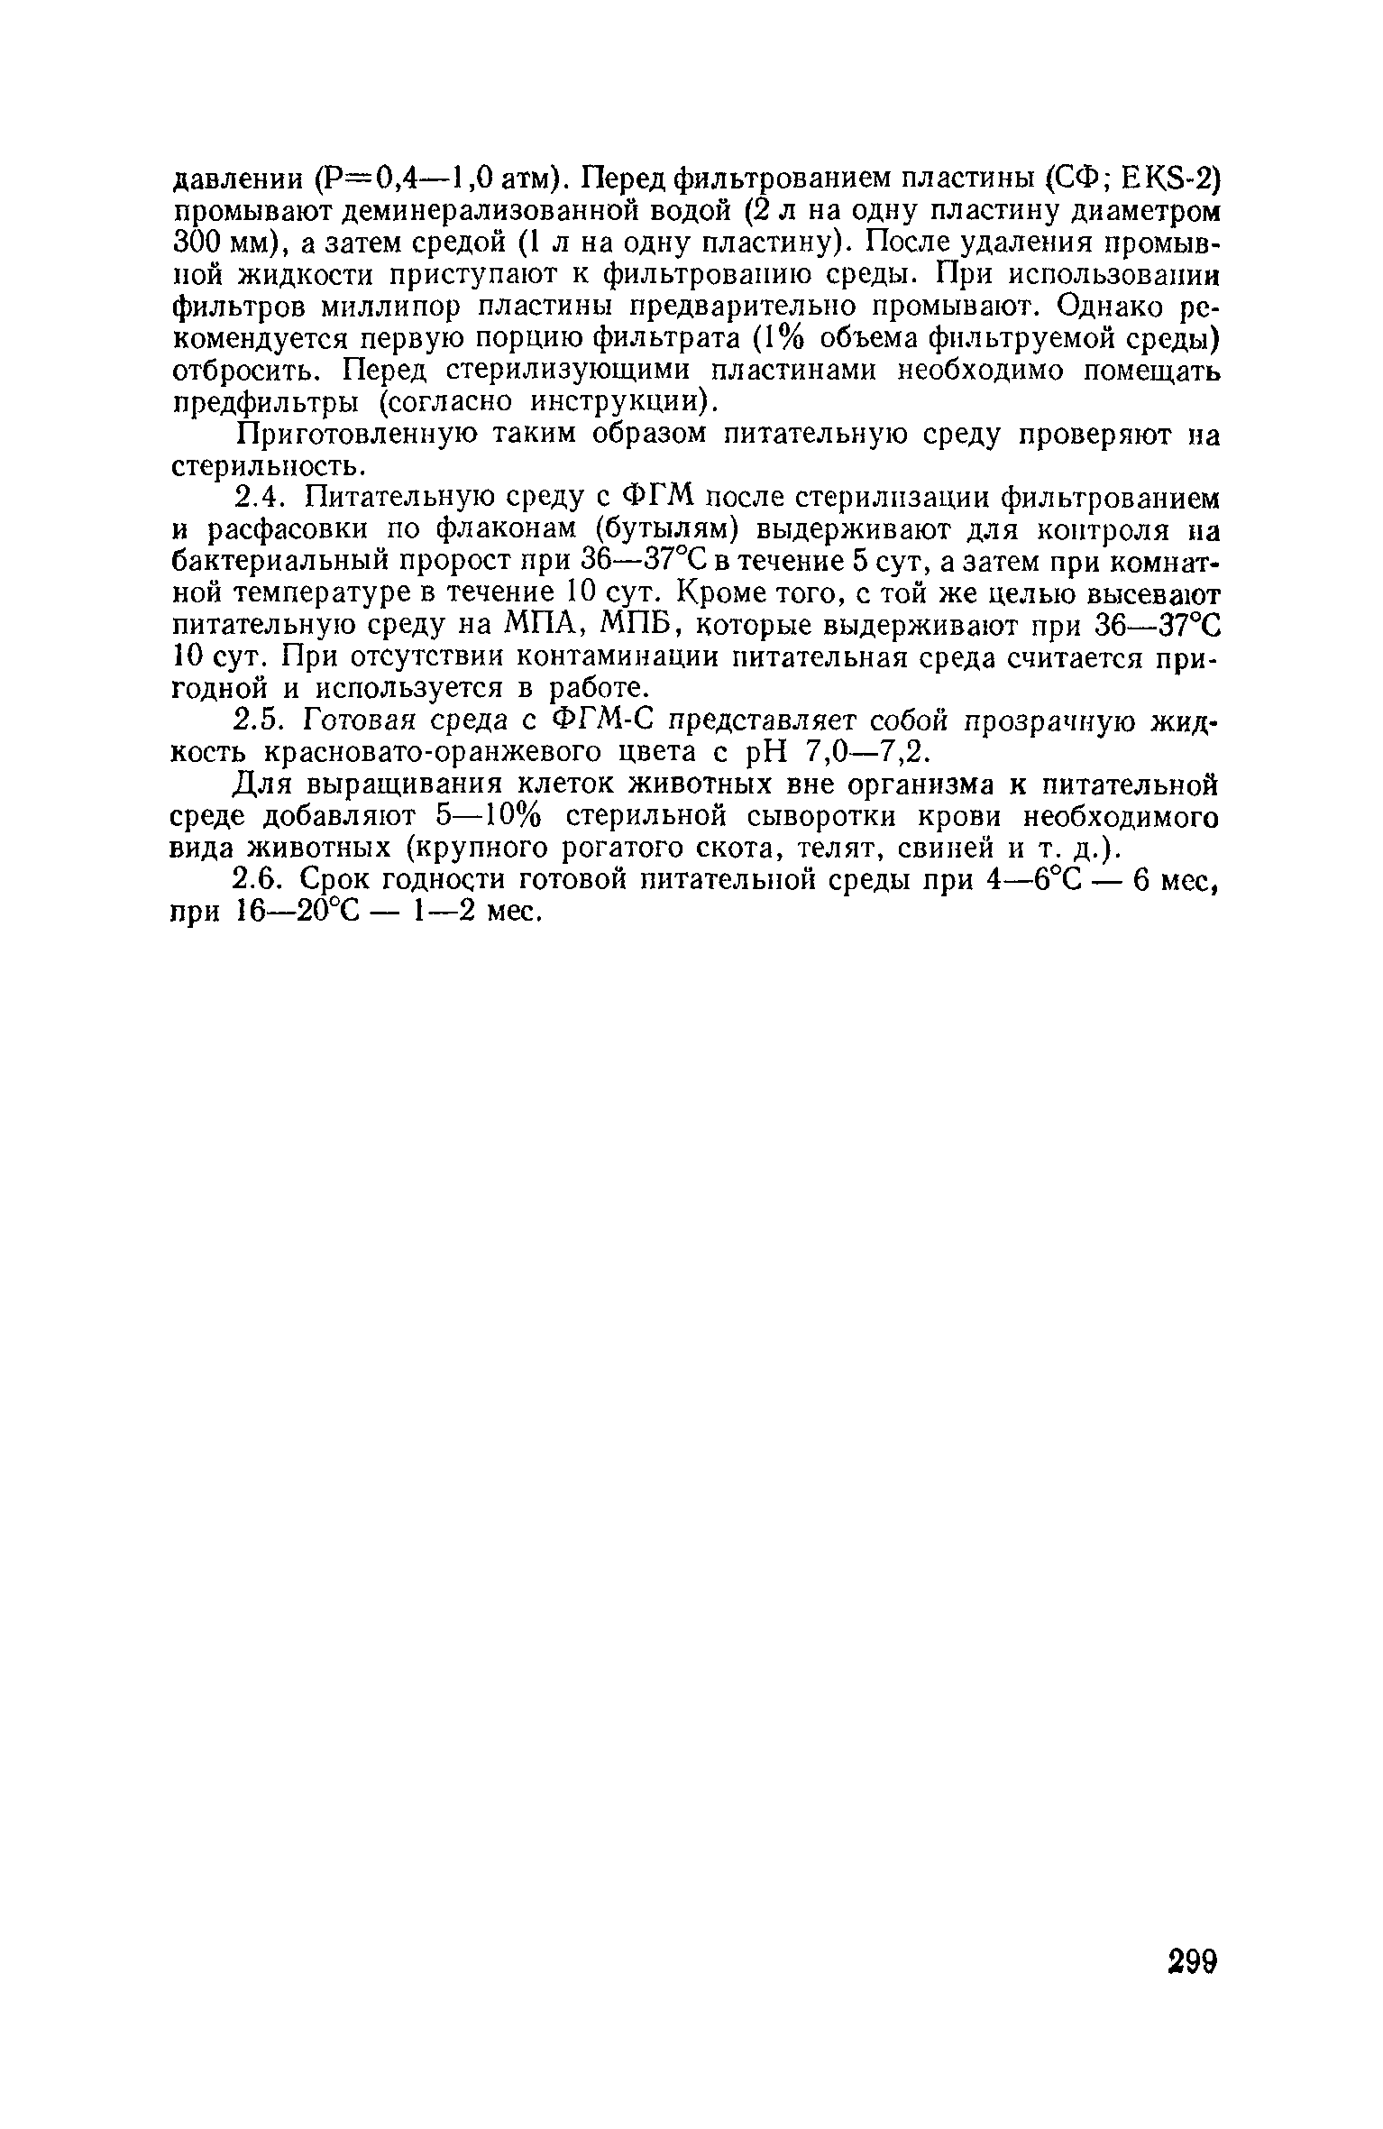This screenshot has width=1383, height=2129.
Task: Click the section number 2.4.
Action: (261, 497)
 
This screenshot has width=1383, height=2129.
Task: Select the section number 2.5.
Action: (261, 720)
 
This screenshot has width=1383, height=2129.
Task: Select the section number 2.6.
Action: (261, 879)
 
